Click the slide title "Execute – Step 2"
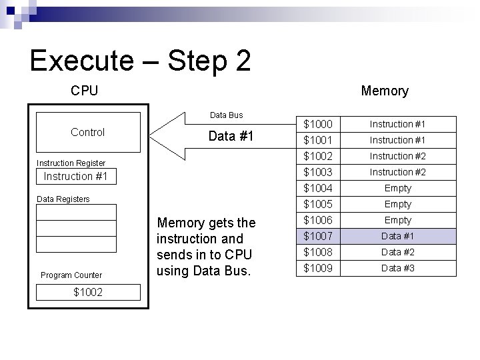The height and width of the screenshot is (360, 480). [x=141, y=61]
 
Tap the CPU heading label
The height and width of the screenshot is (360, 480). [x=84, y=91]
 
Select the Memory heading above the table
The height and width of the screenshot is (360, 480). [x=384, y=91]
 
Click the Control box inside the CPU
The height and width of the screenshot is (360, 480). [x=87, y=133]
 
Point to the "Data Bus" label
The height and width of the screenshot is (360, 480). [x=227, y=115]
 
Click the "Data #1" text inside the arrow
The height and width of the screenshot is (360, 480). [x=231, y=136]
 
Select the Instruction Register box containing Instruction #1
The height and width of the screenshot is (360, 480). [x=75, y=177]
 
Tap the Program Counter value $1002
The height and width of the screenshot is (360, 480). [x=87, y=292]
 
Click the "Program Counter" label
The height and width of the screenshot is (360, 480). [x=71, y=275]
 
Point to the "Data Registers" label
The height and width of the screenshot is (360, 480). [x=63, y=199]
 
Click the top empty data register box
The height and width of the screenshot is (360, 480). [x=75, y=213]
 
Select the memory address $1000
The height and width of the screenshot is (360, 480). [x=317, y=124]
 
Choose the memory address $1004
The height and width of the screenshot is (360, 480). [x=317, y=188]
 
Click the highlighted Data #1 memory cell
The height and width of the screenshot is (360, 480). [x=397, y=236]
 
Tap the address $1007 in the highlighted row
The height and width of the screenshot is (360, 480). [x=317, y=236]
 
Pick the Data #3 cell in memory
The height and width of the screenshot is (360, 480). [x=397, y=268]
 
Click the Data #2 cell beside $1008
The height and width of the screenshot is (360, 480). [x=397, y=252]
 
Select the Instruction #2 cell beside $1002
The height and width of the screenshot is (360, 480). [x=397, y=156]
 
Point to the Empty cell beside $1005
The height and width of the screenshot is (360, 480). [x=397, y=204]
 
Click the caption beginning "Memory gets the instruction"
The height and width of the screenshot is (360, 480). [x=205, y=247]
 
